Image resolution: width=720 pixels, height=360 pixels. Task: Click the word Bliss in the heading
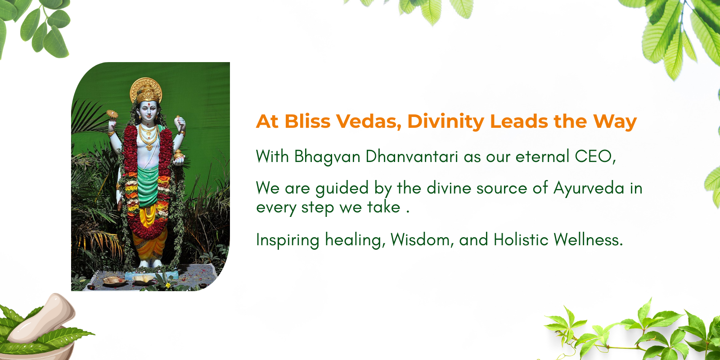(x=307, y=121)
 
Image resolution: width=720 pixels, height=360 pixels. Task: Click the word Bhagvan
(x=327, y=157)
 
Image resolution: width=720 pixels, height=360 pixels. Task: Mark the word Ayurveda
(x=589, y=189)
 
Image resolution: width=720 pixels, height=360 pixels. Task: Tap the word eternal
(x=543, y=157)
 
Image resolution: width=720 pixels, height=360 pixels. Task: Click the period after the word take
(x=408, y=211)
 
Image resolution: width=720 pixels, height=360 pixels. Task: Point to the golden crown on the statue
(x=146, y=90)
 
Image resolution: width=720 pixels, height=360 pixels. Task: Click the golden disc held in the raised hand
(x=112, y=114)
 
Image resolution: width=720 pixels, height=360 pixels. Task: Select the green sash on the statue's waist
(x=148, y=186)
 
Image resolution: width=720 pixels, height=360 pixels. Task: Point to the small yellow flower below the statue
(x=167, y=285)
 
